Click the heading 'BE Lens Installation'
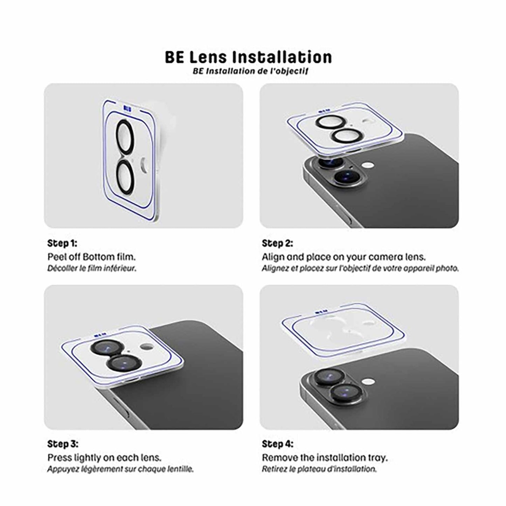click(x=248, y=57)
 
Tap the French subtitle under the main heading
click(x=250, y=71)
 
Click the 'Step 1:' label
click(x=62, y=243)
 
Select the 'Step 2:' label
click(x=277, y=243)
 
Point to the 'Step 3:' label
click(x=63, y=444)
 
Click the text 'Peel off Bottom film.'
click(x=91, y=257)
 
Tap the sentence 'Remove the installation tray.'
click(x=325, y=458)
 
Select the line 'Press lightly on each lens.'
click(x=104, y=458)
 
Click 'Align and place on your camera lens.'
click(x=344, y=257)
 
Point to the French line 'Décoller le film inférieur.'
click(x=91, y=269)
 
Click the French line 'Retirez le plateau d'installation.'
click(x=319, y=469)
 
